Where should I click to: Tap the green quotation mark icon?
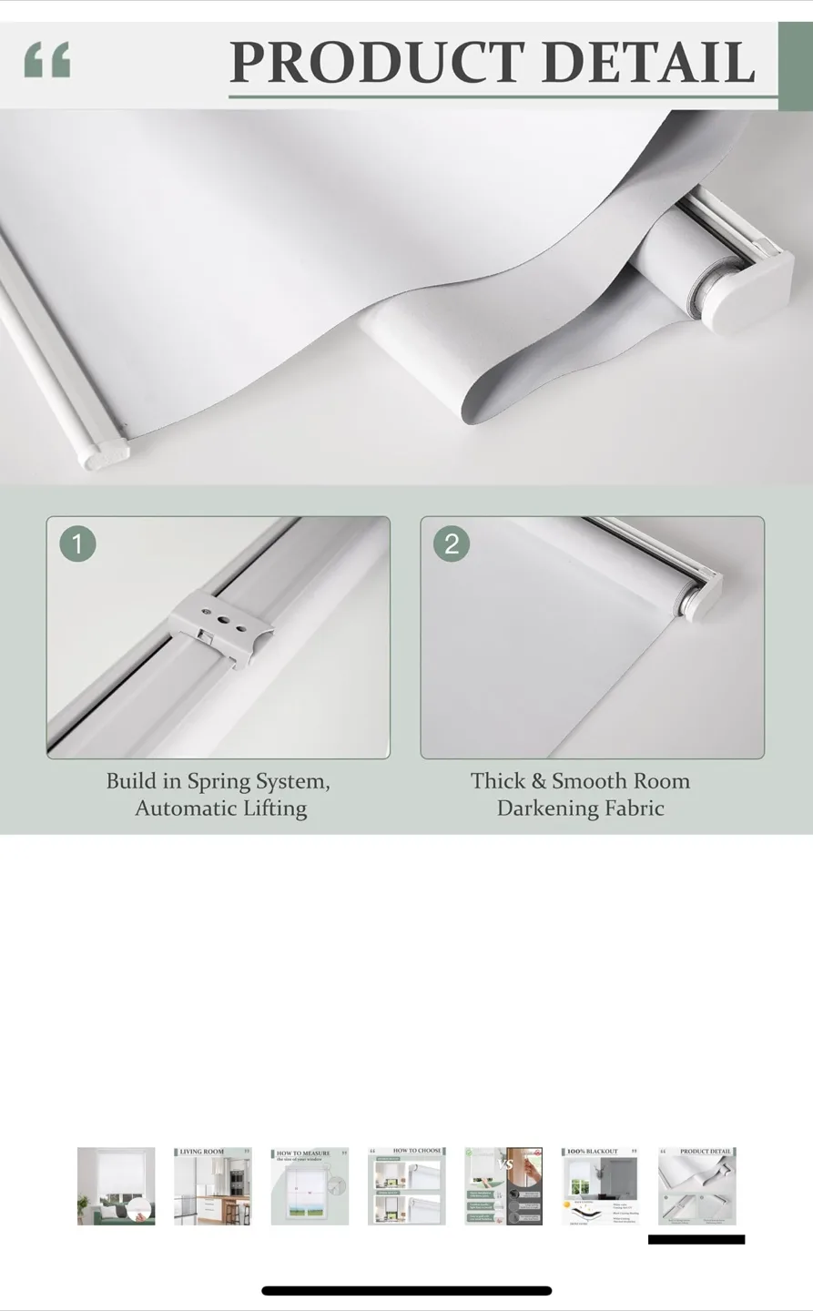click(47, 60)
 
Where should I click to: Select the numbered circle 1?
click(77, 544)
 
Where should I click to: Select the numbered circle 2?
click(452, 544)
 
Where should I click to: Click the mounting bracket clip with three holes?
click(221, 628)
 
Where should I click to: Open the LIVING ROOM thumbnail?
click(212, 1186)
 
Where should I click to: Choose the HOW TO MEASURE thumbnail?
click(310, 1186)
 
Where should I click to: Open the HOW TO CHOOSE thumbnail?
click(406, 1186)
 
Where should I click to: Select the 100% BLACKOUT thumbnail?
click(600, 1186)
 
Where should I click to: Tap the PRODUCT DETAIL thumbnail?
click(696, 1186)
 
